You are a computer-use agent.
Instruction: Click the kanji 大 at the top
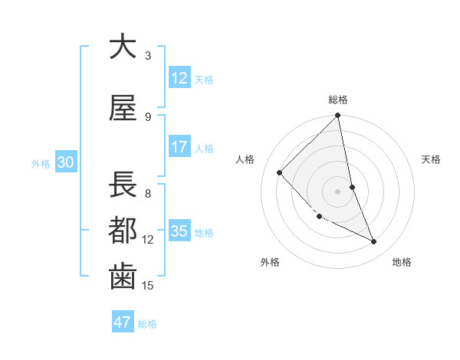[x=123, y=47]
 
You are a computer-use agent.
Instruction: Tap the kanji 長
[x=123, y=185]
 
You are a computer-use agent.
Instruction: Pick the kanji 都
[x=123, y=231]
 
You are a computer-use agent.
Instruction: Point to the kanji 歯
[x=123, y=277]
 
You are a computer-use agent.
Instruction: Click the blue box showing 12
[x=179, y=78]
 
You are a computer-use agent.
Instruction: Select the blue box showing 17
[x=179, y=147]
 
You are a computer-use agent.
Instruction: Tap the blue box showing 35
[x=179, y=231]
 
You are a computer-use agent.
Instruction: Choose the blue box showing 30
[x=65, y=163]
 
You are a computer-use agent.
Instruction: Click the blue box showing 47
[x=123, y=322]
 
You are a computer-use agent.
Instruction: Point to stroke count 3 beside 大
[x=148, y=56]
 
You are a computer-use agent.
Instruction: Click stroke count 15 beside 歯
[x=148, y=286]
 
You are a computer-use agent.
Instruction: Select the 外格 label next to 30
[x=41, y=164]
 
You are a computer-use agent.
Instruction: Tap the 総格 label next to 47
[x=147, y=324]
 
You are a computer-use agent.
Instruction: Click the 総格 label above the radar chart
[x=338, y=100]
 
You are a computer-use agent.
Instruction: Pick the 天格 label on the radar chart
[x=431, y=159]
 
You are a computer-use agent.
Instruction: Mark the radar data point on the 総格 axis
[x=338, y=116]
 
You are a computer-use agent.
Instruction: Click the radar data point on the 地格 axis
[x=374, y=241]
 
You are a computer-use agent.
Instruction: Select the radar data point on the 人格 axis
[x=280, y=172]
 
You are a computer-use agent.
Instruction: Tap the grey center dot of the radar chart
[x=338, y=191]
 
